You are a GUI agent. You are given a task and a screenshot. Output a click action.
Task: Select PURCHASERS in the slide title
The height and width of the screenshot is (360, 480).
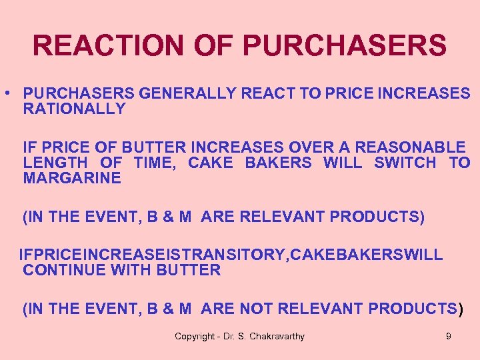tap(345, 45)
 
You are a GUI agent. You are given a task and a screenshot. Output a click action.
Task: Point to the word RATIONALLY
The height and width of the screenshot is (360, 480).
tap(74, 109)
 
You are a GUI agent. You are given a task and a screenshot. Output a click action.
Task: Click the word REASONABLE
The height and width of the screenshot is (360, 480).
tap(409, 147)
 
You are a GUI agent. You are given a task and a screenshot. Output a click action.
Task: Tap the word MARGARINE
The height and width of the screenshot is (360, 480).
tap(72, 178)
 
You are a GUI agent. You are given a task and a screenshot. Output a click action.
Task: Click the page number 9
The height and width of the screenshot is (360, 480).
tap(448, 336)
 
